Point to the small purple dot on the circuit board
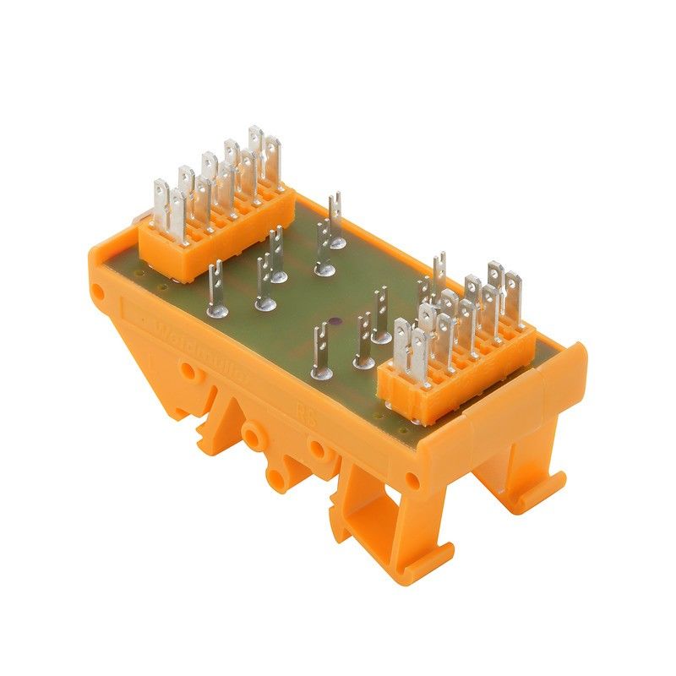[335, 322]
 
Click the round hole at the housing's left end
[100, 295]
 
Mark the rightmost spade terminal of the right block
[512, 292]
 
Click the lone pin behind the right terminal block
[439, 271]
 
